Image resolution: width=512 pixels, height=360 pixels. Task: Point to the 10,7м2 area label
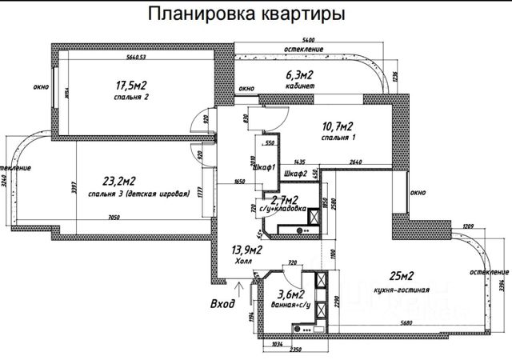pos(338,126)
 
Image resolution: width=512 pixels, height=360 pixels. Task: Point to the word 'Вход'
pos(222,304)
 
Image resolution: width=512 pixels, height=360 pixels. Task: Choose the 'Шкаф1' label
pos(264,167)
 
